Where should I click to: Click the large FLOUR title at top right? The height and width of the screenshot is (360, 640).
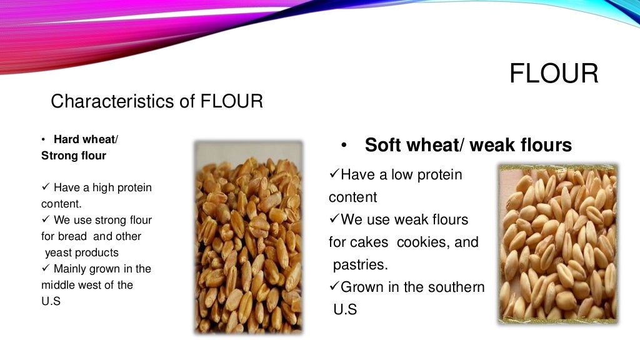point(554,74)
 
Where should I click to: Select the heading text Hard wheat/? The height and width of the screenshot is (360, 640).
point(86,139)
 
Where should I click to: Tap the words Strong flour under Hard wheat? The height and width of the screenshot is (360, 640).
point(74,156)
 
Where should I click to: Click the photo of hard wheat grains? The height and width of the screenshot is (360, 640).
point(248,237)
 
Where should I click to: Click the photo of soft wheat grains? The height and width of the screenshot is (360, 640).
point(557,244)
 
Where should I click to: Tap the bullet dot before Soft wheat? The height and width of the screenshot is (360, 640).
point(344,146)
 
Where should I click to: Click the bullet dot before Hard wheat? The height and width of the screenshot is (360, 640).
point(44,140)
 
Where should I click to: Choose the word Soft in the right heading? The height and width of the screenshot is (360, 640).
point(384,146)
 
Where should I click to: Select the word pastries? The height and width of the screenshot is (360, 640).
point(360,264)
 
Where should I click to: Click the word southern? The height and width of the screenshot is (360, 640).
point(453,287)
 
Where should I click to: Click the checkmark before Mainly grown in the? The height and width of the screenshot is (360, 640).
point(45,269)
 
